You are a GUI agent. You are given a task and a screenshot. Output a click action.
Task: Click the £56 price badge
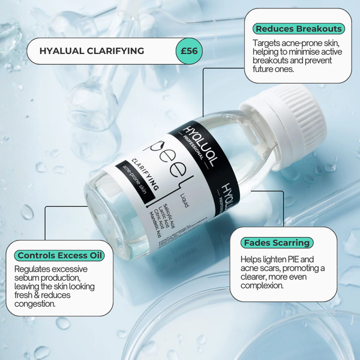click(191, 51)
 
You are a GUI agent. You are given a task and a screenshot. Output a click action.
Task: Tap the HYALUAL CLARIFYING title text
click(92, 51)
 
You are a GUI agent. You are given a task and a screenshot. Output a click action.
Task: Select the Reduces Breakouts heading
click(298, 29)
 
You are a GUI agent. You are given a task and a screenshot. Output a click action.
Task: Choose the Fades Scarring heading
click(277, 243)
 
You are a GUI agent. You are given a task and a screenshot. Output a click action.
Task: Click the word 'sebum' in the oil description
click(28, 282)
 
